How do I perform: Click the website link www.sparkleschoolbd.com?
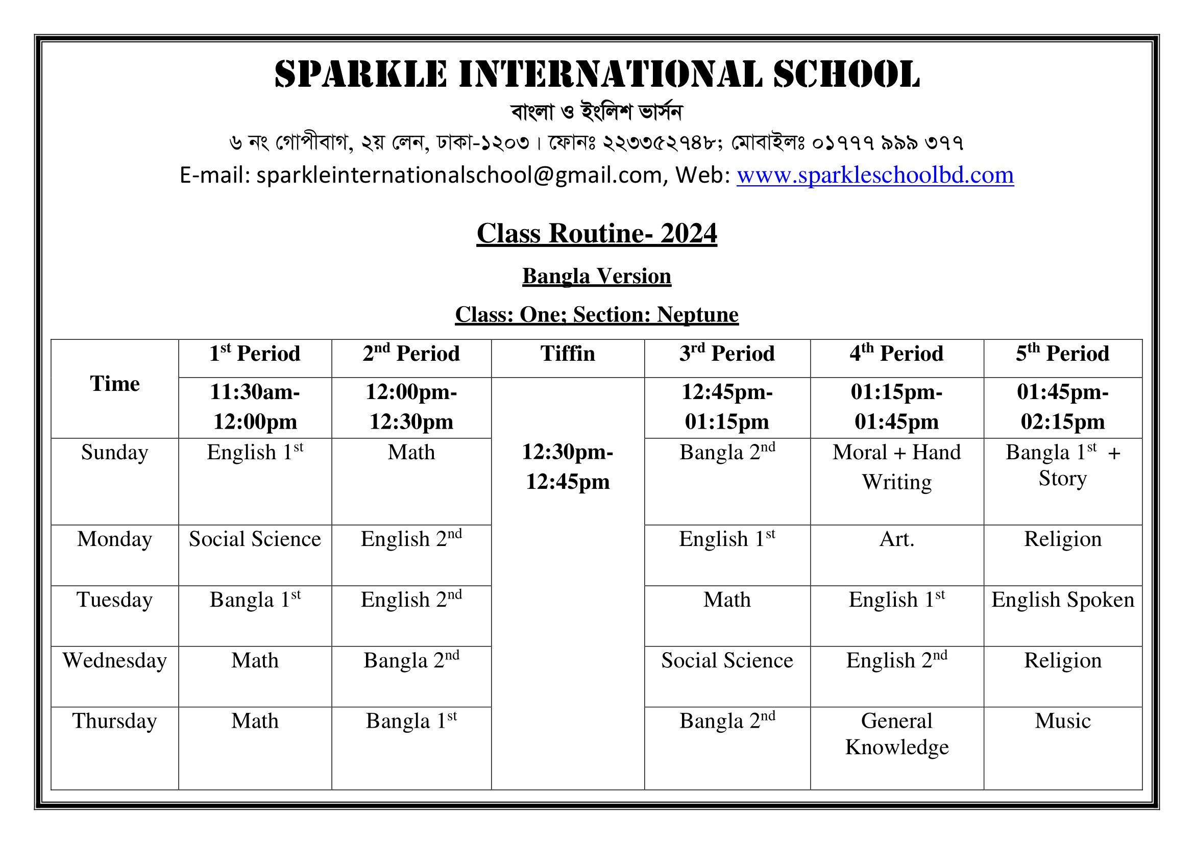tap(875, 175)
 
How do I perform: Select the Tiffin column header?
tap(567, 354)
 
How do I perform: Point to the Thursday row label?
tap(114, 721)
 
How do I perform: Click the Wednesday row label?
tap(114, 660)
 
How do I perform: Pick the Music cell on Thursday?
tap(1062, 721)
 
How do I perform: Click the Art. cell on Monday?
tap(896, 539)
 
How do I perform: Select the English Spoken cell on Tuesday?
tap(1062, 600)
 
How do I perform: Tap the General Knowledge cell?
tap(896, 734)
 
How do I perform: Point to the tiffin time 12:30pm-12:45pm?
tap(567, 467)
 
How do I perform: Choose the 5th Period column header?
tap(1062, 354)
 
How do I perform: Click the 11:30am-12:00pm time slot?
tap(255, 407)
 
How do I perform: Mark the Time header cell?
tap(114, 384)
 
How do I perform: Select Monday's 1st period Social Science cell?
tap(255, 539)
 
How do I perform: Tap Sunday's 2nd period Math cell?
tap(411, 453)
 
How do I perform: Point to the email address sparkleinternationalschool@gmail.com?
tap(460, 175)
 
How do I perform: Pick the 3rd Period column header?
tap(727, 354)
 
